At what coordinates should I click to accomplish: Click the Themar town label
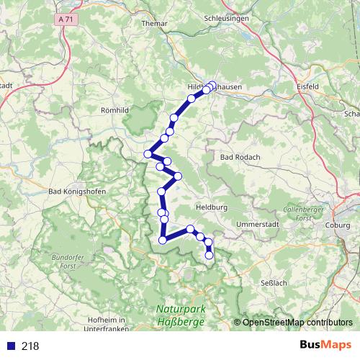(155, 23)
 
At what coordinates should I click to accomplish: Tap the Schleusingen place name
(225, 19)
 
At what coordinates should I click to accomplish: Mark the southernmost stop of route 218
(210, 255)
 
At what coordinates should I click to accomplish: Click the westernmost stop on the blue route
(148, 153)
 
